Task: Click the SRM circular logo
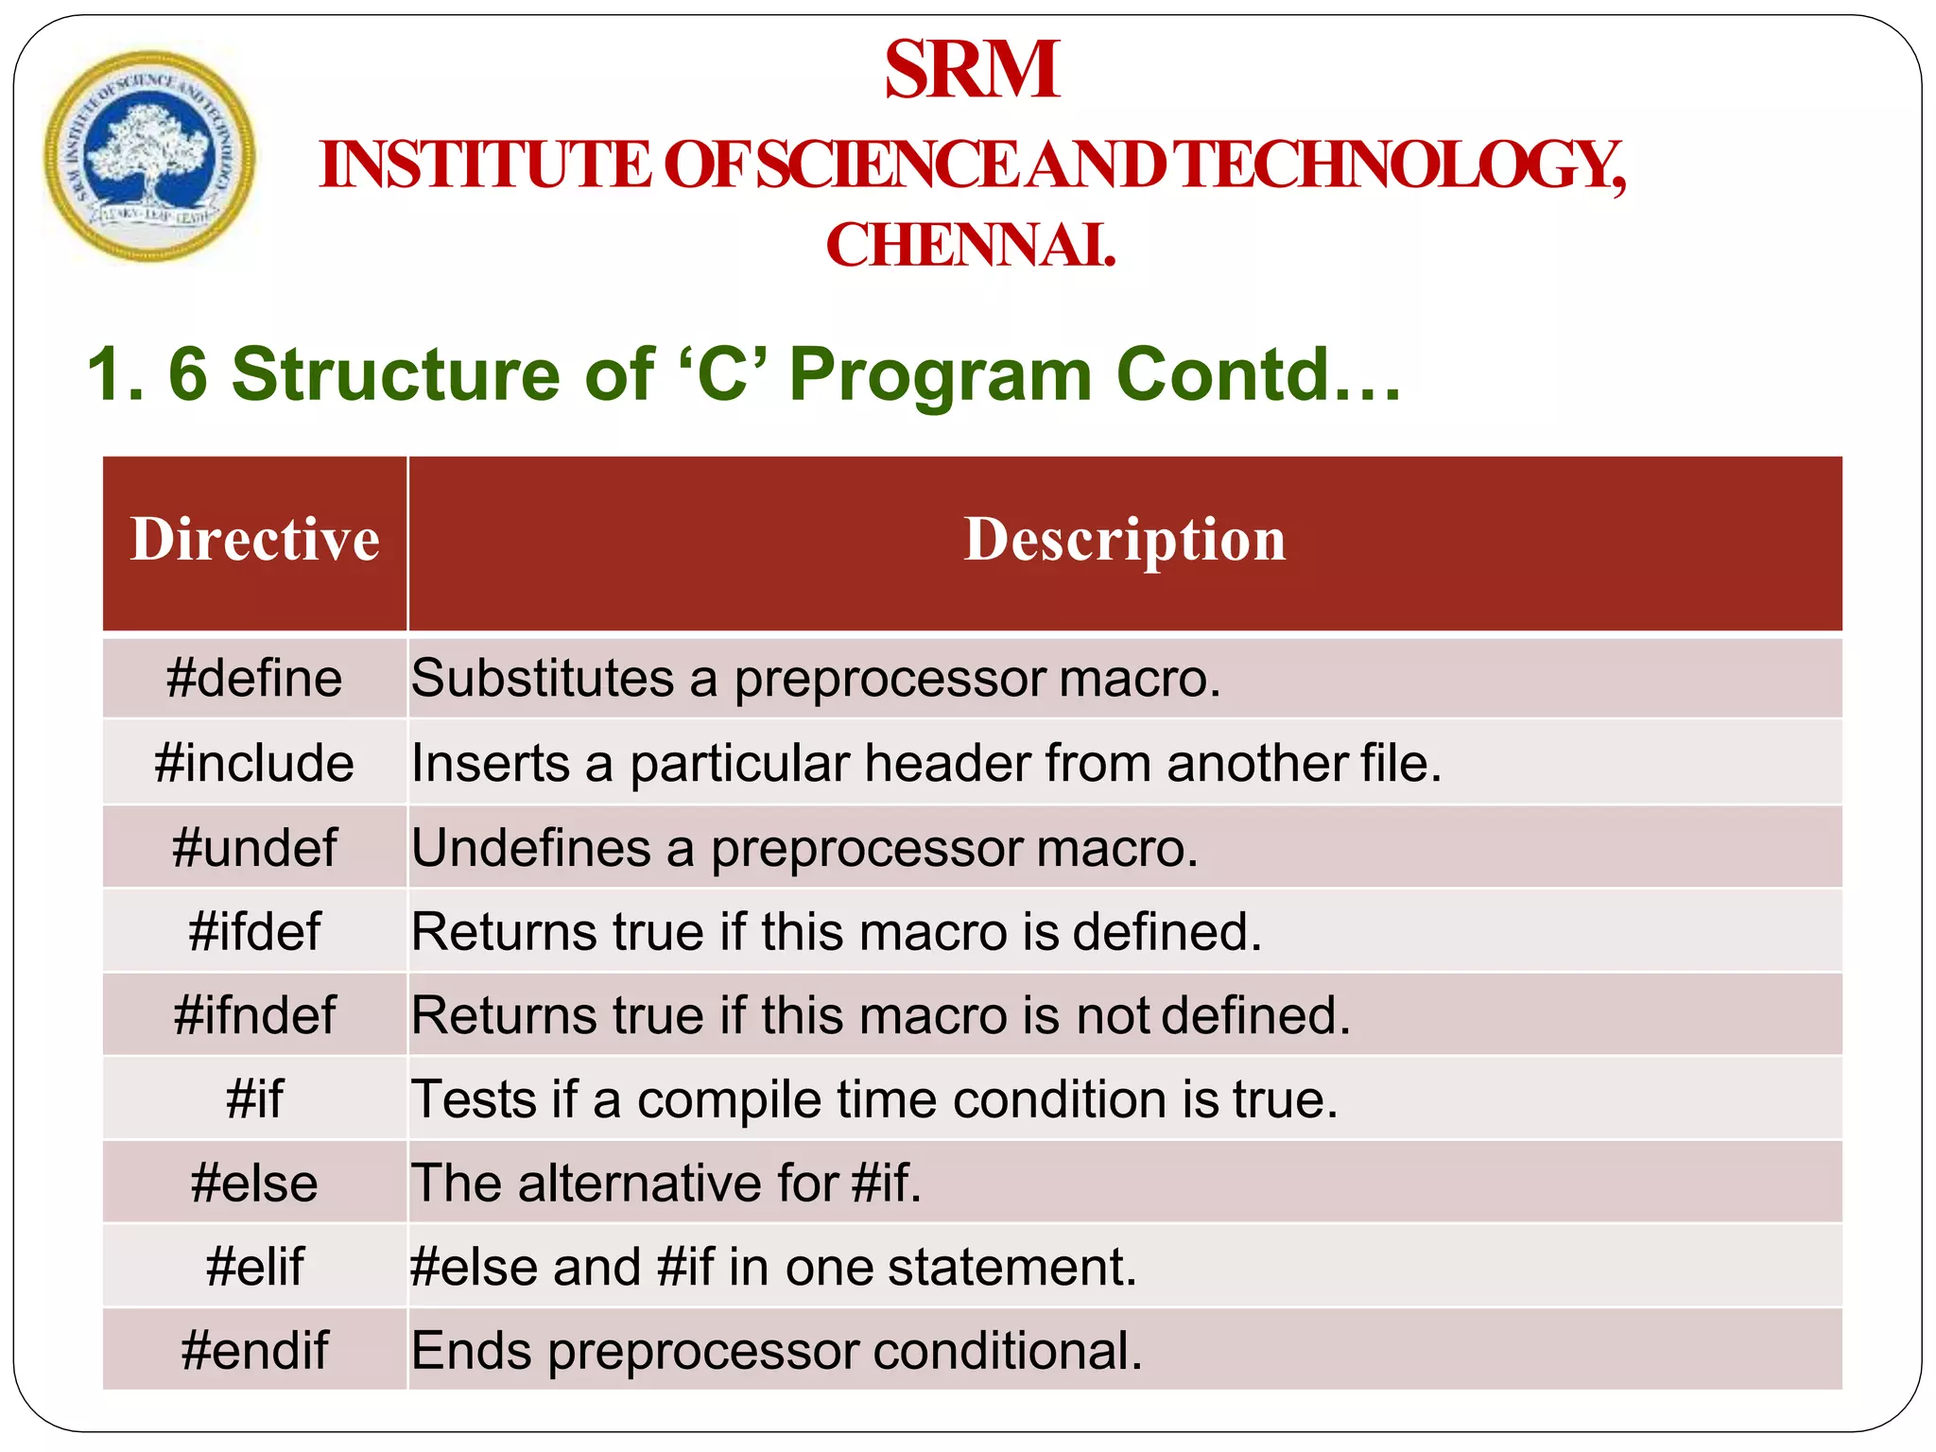(x=149, y=156)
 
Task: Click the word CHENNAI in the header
(x=970, y=246)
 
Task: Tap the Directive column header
(x=255, y=541)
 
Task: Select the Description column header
(x=1124, y=541)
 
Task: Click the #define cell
(x=254, y=679)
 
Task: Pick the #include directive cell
(x=254, y=763)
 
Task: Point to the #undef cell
(x=254, y=847)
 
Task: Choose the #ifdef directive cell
(x=254, y=931)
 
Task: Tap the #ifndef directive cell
(x=254, y=1015)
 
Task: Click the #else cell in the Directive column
(x=254, y=1184)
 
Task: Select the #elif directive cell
(x=254, y=1267)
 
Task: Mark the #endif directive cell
(x=254, y=1351)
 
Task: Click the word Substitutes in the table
(x=543, y=679)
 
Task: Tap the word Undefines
(x=530, y=847)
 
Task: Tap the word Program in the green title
(x=940, y=375)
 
